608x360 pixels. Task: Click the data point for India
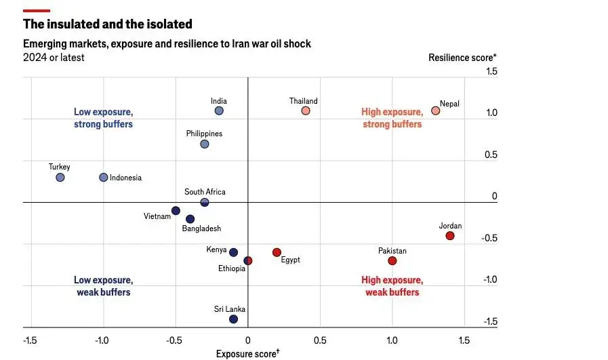(219, 111)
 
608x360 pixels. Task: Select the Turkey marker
(60, 178)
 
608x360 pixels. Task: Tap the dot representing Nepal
(436, 111)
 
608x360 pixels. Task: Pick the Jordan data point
(449, 236)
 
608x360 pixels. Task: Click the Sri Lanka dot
(233, 319)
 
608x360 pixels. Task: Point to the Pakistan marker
(392, 261)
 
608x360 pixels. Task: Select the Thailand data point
(306, 111)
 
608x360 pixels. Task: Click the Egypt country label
(290, 260)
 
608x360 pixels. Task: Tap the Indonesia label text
(125, 178)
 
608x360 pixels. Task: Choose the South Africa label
(205, 192)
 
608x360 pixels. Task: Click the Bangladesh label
(201, 229)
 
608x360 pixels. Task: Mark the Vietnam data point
(176, 211)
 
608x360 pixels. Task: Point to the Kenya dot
(233, 252)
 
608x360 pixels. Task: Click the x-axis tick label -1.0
(102, 340)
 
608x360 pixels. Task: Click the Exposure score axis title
(247, 353)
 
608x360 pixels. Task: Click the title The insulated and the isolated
(108, 24)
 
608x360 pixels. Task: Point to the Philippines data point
(205, 144)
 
